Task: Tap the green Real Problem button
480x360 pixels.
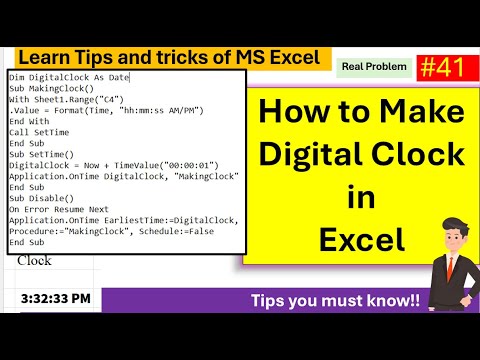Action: (374, 68)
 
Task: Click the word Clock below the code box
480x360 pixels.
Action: (35, 260)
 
